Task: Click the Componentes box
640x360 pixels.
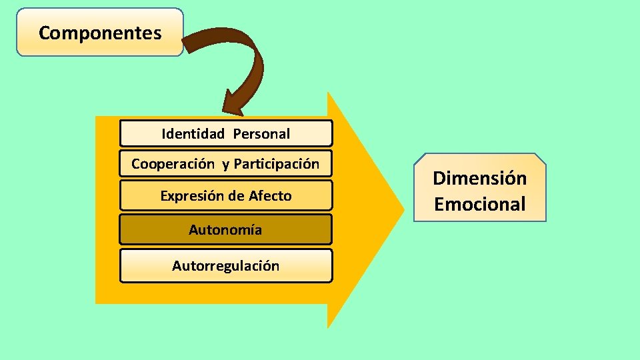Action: click(x=100, y=32)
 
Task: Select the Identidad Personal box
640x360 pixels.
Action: click(x=225, y=133)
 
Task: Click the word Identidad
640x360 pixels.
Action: click(x=193, y=133)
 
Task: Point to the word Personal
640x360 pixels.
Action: click(x=261, y=133)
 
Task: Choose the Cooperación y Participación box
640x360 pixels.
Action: click(x=225, y=164)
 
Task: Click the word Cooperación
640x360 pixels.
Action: click(x=173, y=164)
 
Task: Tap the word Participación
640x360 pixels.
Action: click(x=277, y=164)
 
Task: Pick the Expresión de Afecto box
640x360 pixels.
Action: click(x=225, y=195)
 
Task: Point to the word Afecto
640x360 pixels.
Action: click(x=270, y=195)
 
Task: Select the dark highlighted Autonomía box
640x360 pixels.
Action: click(x=225, y=230)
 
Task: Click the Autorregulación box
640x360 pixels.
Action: click(x=225, y=266)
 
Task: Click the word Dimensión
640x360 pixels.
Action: click(x=479, y=178)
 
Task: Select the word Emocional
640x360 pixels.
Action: click(x=479, y=203)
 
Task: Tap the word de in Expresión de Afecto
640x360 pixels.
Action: click(x=237, y=195)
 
